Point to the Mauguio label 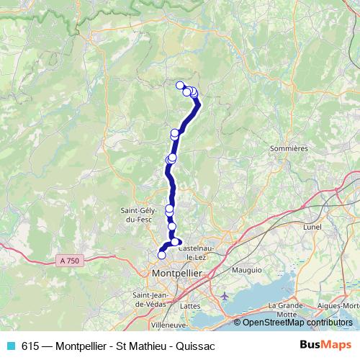point(248,271)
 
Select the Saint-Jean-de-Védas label point(150,300)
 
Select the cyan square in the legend point(9,346)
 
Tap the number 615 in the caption point(30,346)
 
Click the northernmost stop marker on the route point(180,85)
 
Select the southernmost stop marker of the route point(161,254)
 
